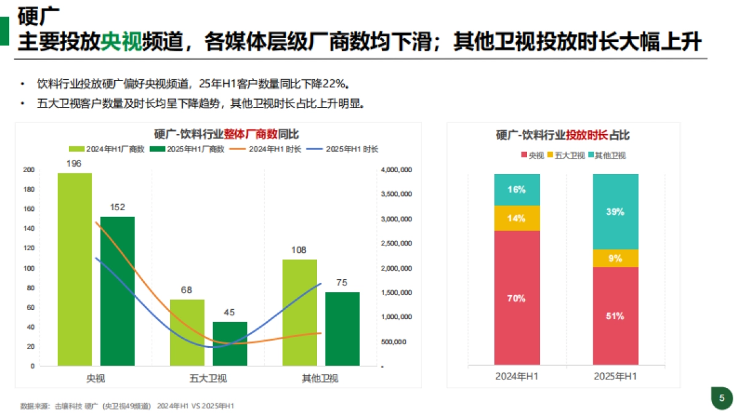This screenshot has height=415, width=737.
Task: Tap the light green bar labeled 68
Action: [187, 333]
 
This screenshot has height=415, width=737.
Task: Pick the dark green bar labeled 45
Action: [230, 344]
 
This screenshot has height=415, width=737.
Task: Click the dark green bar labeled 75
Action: [342, 329]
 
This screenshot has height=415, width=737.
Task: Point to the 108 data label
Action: [299, 250]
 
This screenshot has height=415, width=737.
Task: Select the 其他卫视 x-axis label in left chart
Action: [321, 378]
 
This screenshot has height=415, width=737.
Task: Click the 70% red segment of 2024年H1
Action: [517, 298]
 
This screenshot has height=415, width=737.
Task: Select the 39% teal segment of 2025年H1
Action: [615, 211]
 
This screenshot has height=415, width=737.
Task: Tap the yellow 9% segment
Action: [615, 258]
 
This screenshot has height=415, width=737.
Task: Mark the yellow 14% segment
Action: [517, 218]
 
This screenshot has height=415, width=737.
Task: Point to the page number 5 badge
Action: [722, 397]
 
